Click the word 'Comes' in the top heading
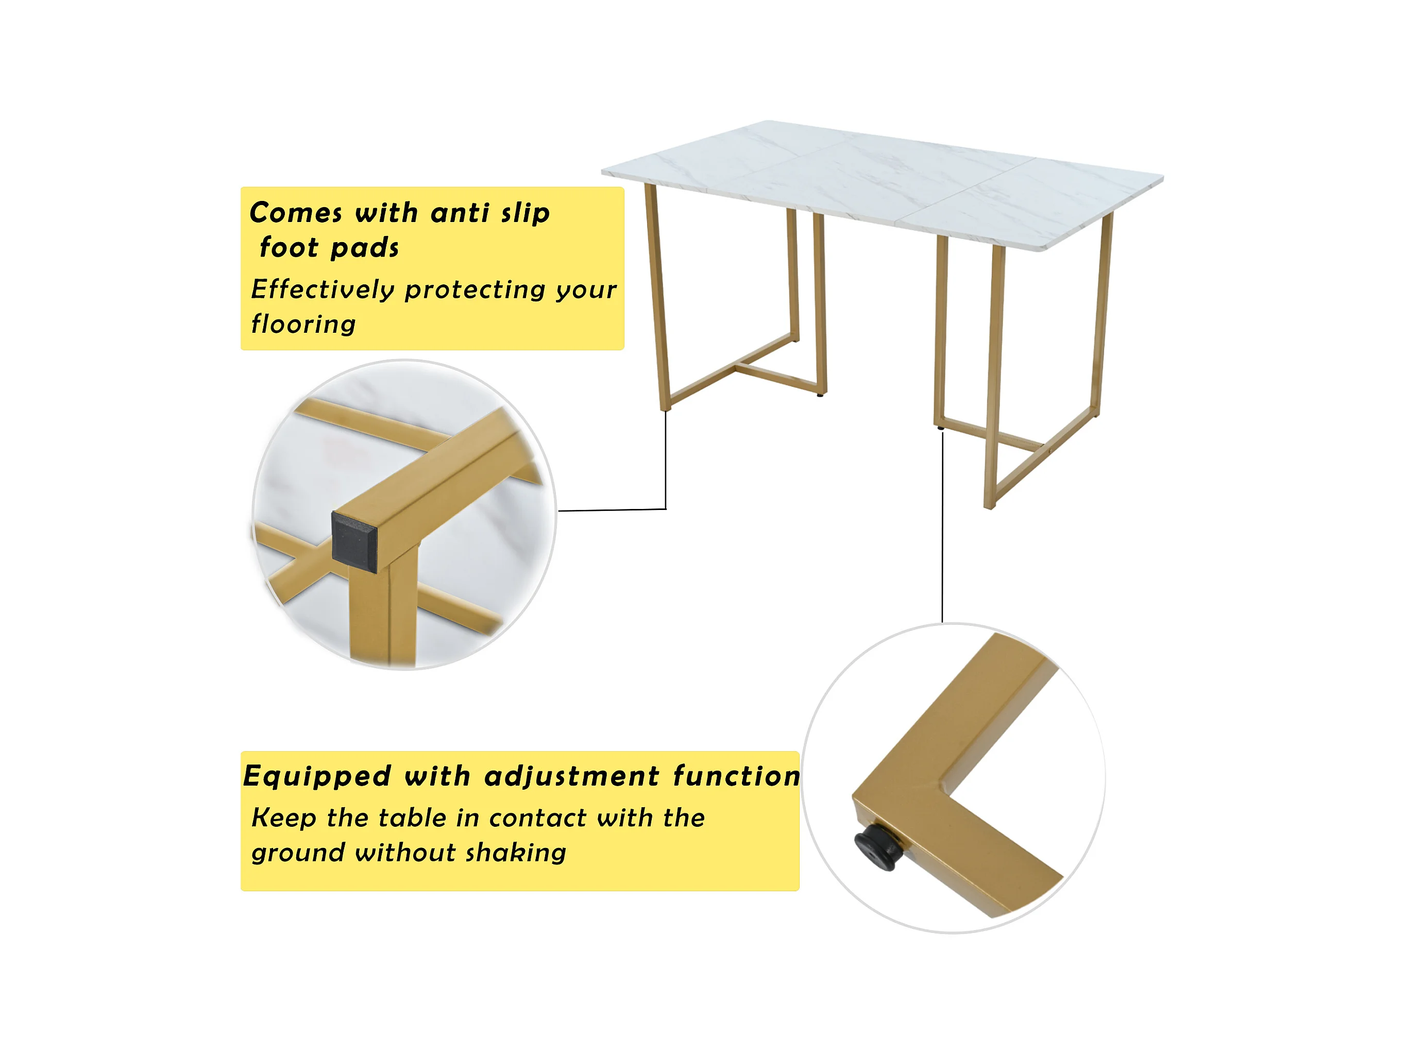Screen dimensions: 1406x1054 [x=296, y=212]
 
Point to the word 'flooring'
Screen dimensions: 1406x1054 [x=303, y=324]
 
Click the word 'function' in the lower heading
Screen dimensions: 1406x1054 [x=736, y=776]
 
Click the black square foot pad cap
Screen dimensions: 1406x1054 [x=354, y=538]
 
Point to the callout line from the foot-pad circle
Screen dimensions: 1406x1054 [x=666, y=508]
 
